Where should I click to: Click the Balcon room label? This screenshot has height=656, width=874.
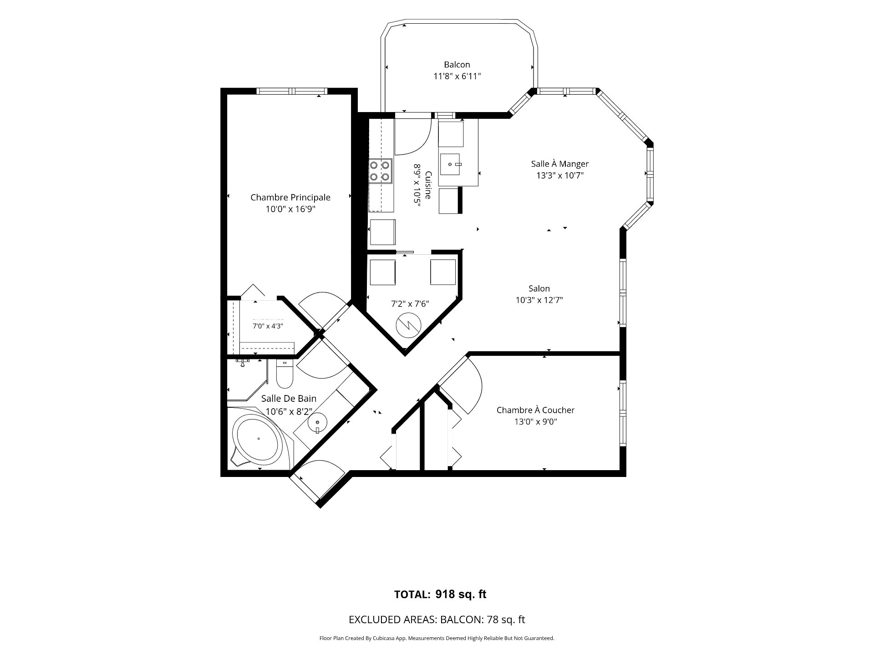point(457,65)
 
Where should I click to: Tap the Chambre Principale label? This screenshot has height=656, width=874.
point(290,197)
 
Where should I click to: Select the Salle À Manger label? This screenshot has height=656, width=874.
point(560,164)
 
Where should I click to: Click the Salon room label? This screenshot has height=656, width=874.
point(539,288)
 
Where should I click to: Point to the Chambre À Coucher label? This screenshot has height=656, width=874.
point(535,410)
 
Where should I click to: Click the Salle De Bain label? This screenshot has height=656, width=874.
point(289,399)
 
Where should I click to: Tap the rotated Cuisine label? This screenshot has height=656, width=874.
point(428,185)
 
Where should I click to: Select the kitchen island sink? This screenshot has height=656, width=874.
point(451,164)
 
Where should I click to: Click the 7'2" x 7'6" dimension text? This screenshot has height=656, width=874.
point(410,304)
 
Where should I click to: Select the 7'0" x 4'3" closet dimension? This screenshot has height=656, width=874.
point(268,326)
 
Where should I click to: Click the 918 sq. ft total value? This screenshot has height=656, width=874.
point(461,594)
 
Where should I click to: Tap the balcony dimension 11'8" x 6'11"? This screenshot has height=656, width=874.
point(457,77)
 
